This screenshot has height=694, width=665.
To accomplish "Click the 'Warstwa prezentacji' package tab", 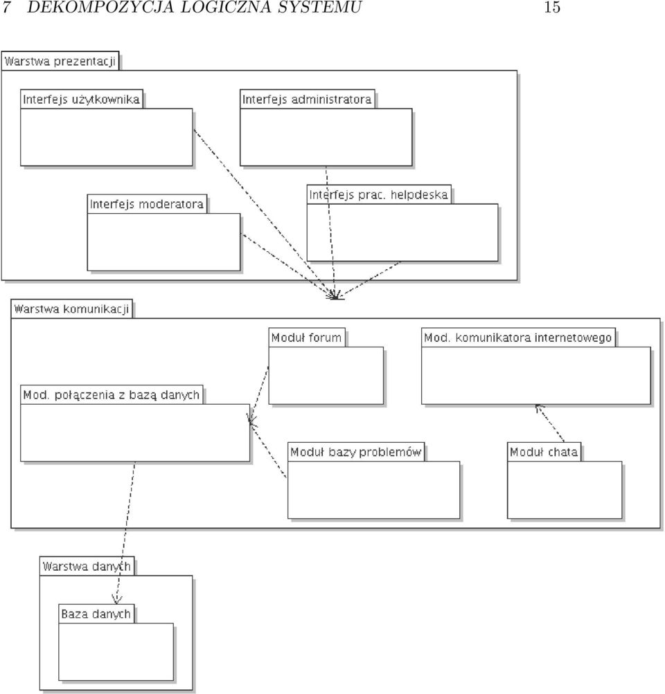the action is (x=60, y=61).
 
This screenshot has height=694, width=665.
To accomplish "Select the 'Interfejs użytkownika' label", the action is (x=81, y=99).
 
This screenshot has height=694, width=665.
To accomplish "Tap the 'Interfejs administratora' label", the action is (x=307, y=99).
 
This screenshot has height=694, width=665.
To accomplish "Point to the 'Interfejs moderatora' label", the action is (x=147, y=204).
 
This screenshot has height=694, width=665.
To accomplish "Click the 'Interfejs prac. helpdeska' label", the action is (x=378, y=194).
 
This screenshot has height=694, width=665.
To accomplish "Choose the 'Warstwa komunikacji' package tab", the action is (x=71, y=309).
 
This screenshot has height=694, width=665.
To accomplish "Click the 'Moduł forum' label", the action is (x=306, y=338).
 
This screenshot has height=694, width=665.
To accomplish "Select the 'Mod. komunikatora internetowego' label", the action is (x=517, y=338).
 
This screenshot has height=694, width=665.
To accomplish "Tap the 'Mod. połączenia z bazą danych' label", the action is (x=112, y=395).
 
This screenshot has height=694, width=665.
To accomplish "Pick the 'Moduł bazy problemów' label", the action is (x=355, y=452).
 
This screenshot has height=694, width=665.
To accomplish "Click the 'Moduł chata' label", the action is (x=544, y=452).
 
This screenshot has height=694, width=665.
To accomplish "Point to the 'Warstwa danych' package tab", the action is (x=87, y=566).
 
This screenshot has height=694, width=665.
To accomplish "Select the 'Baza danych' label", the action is (x=96, y=614).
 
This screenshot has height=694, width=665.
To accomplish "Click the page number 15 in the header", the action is (x=552, y=7).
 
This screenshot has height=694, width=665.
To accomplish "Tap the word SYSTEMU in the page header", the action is (x=319, y=7).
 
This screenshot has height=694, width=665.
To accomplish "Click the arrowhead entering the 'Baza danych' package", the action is (x=116, y=600).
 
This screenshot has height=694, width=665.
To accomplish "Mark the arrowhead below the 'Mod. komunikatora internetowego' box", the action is (x=538, y=408).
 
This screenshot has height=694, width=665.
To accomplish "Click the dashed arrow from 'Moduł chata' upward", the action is (x=549, y=423).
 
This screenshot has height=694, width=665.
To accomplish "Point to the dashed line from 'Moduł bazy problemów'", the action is (x=268, y=450).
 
